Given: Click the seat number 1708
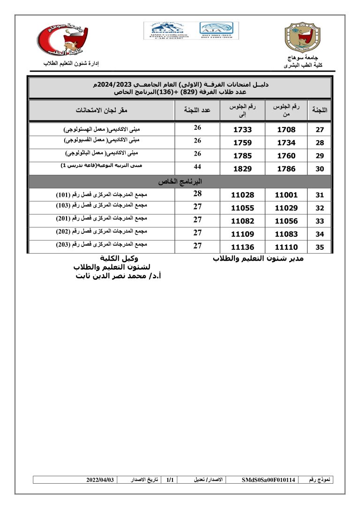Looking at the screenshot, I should tap(286, 130).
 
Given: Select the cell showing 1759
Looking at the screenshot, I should tap(242, 143).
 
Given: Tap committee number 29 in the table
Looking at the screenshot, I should tap(320, 156).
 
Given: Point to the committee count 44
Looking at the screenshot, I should tap(197, 167).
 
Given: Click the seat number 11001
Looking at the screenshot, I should tap(286, 195).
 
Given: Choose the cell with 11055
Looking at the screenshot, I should tap(242, 208).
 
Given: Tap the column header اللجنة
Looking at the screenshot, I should tap(320, 111).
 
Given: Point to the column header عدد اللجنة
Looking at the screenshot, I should tap(197, 111).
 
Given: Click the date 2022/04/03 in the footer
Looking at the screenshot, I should tap(100, 480).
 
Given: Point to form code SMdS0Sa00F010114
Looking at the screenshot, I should tap(269, 480).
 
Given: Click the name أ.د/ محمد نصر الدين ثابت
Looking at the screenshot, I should tap(118, 276).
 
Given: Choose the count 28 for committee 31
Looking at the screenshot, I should tap(197, 194).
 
